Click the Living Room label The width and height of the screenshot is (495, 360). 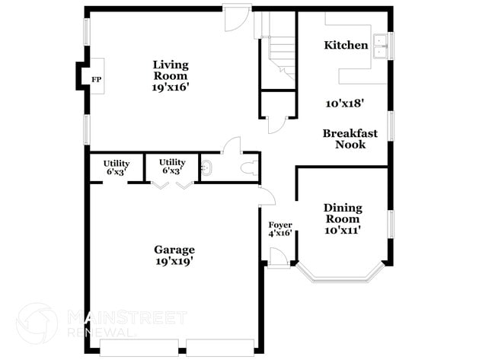(x=170, y=71)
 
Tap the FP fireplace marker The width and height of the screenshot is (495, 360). (x=96, y=79)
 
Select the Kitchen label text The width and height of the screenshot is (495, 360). (x=346, y=46)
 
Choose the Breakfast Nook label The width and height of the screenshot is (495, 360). (x=350, y=139)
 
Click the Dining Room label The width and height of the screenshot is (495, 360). (x=343, y=213)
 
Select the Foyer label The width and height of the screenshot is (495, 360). (x=279, y=225)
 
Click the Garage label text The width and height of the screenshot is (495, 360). (x=174, y=250)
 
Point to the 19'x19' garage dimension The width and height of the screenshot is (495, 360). (x=174, y=262)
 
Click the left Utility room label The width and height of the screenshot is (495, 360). (x=117, y=163)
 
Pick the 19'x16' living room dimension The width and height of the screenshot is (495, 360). (x=170, y=88)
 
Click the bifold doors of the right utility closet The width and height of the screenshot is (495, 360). (x=172, y=185)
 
